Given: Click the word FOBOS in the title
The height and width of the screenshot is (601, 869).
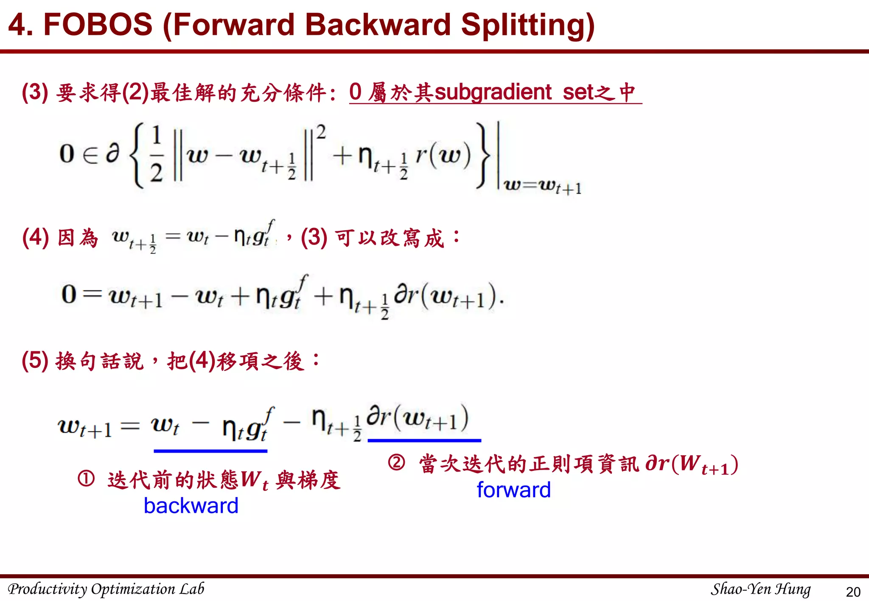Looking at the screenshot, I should (98, 25).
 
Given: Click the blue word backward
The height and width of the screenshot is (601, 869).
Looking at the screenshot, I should (191, 506).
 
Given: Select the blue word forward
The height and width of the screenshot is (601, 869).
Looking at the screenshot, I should (513, 490).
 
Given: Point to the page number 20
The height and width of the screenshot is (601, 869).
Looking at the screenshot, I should (853, 592).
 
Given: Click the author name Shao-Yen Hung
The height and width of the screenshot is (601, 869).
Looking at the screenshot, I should (760, 589).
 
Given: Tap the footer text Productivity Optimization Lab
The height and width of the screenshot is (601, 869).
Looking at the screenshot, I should (106, 589).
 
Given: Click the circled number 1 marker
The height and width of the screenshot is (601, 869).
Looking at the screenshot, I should (86, 479).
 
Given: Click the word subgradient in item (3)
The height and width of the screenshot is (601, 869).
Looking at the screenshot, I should (493, 92).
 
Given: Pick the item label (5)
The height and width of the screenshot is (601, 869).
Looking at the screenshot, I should (35, 361).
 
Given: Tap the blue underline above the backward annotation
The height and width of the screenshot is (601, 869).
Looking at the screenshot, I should (210, 451).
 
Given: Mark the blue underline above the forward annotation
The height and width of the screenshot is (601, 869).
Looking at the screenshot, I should (424, 441).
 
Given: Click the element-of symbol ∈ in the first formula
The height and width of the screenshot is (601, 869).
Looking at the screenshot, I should (90, 155).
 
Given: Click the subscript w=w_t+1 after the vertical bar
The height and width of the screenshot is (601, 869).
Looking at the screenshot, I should (542, 186).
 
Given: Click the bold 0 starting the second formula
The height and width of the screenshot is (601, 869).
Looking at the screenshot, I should (69, 294).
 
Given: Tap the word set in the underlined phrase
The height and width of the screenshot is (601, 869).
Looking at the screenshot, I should (577, 92).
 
